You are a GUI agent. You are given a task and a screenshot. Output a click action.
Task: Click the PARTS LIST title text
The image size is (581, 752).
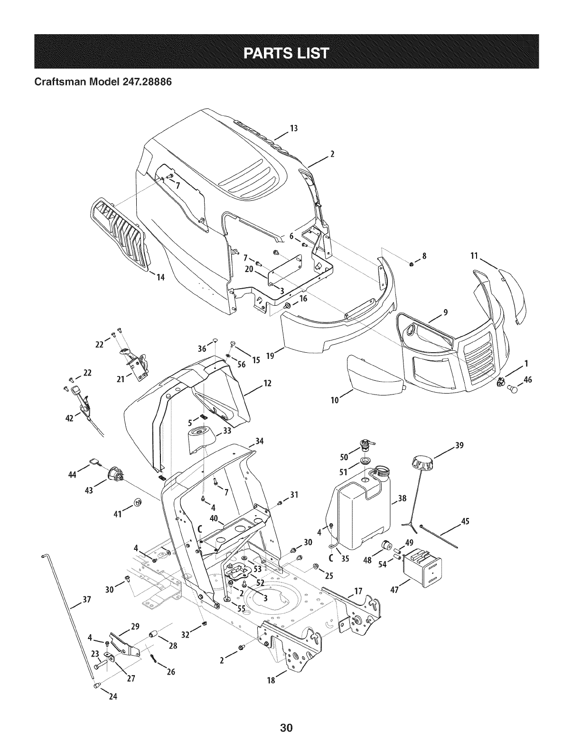[x=290, y=52]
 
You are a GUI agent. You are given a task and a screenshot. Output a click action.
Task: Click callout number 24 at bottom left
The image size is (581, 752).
[x=112, y=697]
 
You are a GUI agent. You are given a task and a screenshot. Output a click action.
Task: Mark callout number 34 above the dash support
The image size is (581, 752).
[x=259, y=441]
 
